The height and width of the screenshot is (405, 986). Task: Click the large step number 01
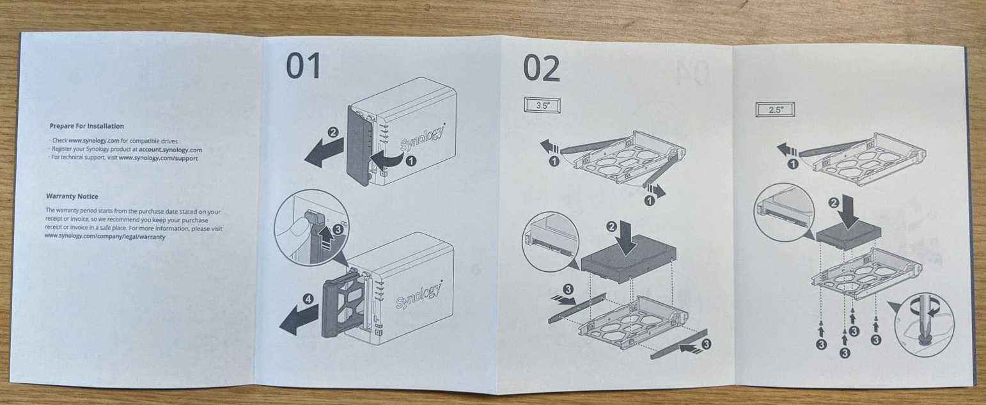pyautogui.click(x=303, y=66)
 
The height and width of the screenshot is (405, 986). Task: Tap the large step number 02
pyautogui.click(x=542, y=68)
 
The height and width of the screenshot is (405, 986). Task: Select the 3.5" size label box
pyautogui.click(x=542, y=106)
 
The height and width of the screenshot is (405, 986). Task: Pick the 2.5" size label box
pyautogui.click(x=775, y=109)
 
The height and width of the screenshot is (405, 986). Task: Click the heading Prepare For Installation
pyautogui.click(x=87, y=126)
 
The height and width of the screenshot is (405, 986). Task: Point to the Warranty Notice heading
pyautogui.click(x=72, y=196)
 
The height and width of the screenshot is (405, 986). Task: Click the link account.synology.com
pyautogui.click(x=170, y=150)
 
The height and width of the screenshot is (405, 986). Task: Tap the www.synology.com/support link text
pyautogui.click(x=158, y=158)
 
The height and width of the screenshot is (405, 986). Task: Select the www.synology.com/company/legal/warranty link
pyautogui.click(x=105, y=236)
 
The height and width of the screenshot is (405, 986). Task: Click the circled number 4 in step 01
pyautogui.click(x=309, y=299)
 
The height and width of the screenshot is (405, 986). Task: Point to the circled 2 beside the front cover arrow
pyautogui.click(x=333, y=132)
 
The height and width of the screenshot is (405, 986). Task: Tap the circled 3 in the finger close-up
pyautogui.click(x=338, y=229)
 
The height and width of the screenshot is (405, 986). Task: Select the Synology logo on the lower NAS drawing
pyautogui.click(x=419, y=296)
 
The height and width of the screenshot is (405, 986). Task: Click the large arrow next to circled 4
pyautogui.click(x=299, y=320)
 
